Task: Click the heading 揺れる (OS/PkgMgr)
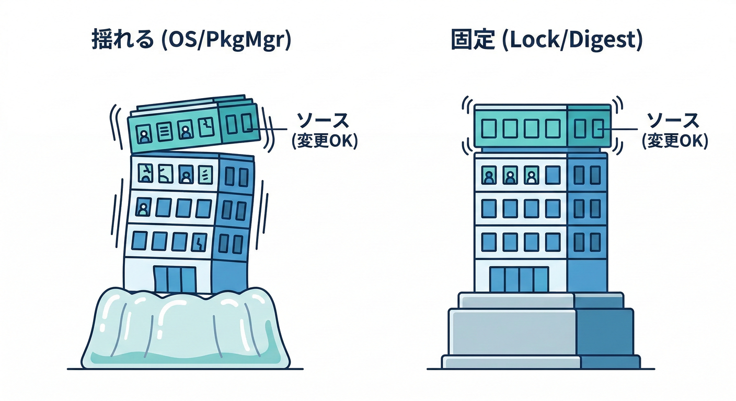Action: click(x=191, y=41)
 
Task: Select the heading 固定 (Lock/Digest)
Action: click(x=546, y=41)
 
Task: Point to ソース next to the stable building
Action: click(x=673, y=121)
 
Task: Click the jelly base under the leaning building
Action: click(x=186, y=329)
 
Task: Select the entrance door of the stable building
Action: click(x=519, y=279)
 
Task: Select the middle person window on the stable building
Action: click(x=510, y=176)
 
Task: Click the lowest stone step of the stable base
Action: click(x=541, y=362)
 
